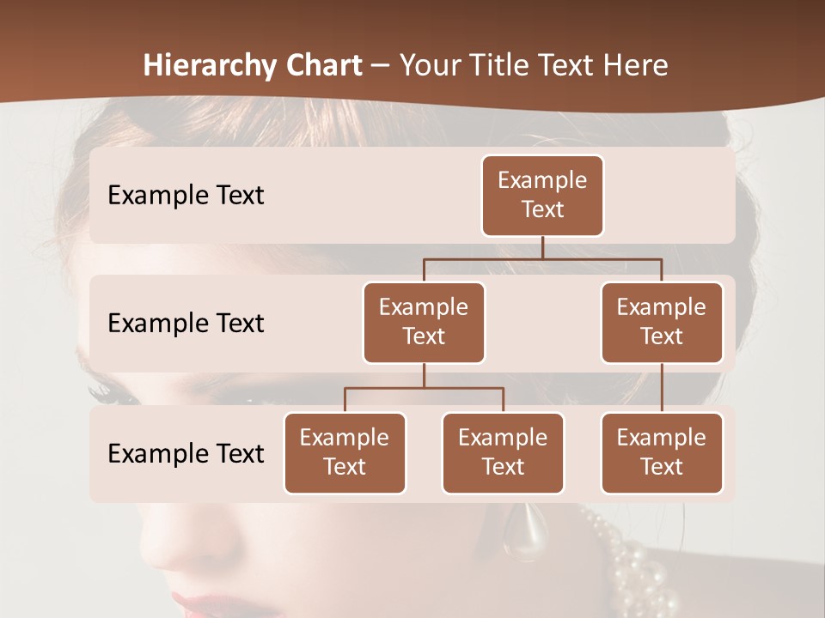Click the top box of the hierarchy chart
click(542, 196)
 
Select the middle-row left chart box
click(424, 323)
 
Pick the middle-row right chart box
click(662, 323)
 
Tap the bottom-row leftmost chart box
click(345, 453)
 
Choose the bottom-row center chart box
click(503, 453)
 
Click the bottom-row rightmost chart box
click(662, 453)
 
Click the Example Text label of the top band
click(186, 196)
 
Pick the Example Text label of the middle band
click(186, 324)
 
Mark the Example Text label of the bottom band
click(186, 454)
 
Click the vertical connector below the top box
click(542, 247)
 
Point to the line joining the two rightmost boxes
click(662, 388)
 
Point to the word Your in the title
click(428, 65)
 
